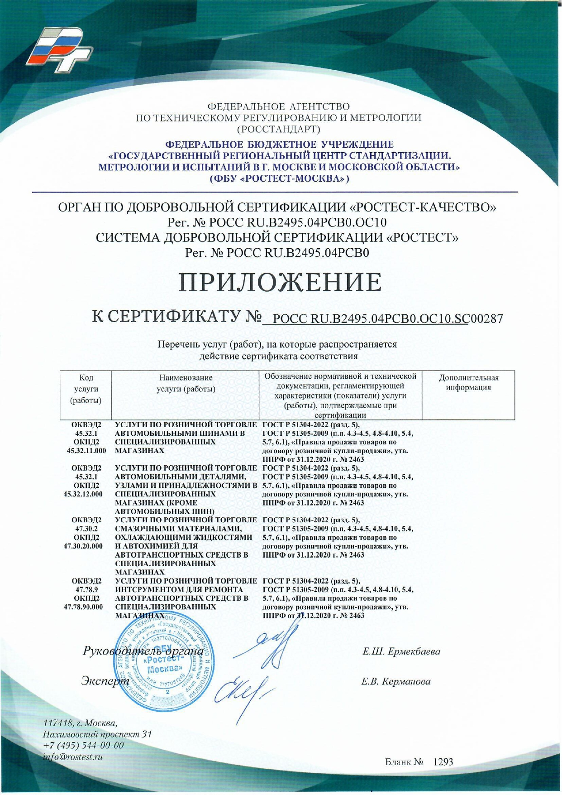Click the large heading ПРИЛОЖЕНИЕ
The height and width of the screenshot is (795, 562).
[x=281, y=282]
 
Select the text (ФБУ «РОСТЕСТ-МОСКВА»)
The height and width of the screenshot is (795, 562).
[x=279, y=178]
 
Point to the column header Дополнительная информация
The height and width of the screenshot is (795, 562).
[x=468, y=383]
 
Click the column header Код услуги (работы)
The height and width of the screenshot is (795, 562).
[x=86, y=389]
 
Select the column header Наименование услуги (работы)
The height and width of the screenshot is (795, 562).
[x=186, y=383]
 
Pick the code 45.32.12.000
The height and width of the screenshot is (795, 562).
[x=86, y=494]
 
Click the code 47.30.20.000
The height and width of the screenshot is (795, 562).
[x=86, y=546]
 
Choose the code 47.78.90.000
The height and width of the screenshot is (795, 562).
[x=86, y=607]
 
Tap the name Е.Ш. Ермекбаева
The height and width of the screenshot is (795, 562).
[x=401, y=652]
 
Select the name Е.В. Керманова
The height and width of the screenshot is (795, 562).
[x=396, y=681]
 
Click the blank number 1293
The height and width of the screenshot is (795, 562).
[x=443, y=762]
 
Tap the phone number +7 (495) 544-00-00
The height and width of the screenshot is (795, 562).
[x=83, y=745]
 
